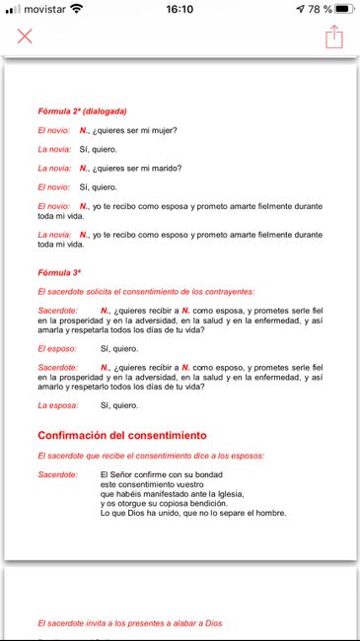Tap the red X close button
pyautogui.click(x=25, y=36)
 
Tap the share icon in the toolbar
pyautogui.click(x=334, y=36)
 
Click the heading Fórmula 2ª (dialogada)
pyautogui.click(x=82, y=111)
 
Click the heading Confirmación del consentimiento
pyautogui.click(x=121, y=435)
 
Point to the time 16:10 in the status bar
pyautogui.click(x=180, y=9)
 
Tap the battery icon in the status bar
pyautogui.click(x=341, y=9)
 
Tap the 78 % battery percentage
pyautogui.click(x=313, y=9)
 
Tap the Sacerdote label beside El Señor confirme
pyautogui.click(x=58, y=474)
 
